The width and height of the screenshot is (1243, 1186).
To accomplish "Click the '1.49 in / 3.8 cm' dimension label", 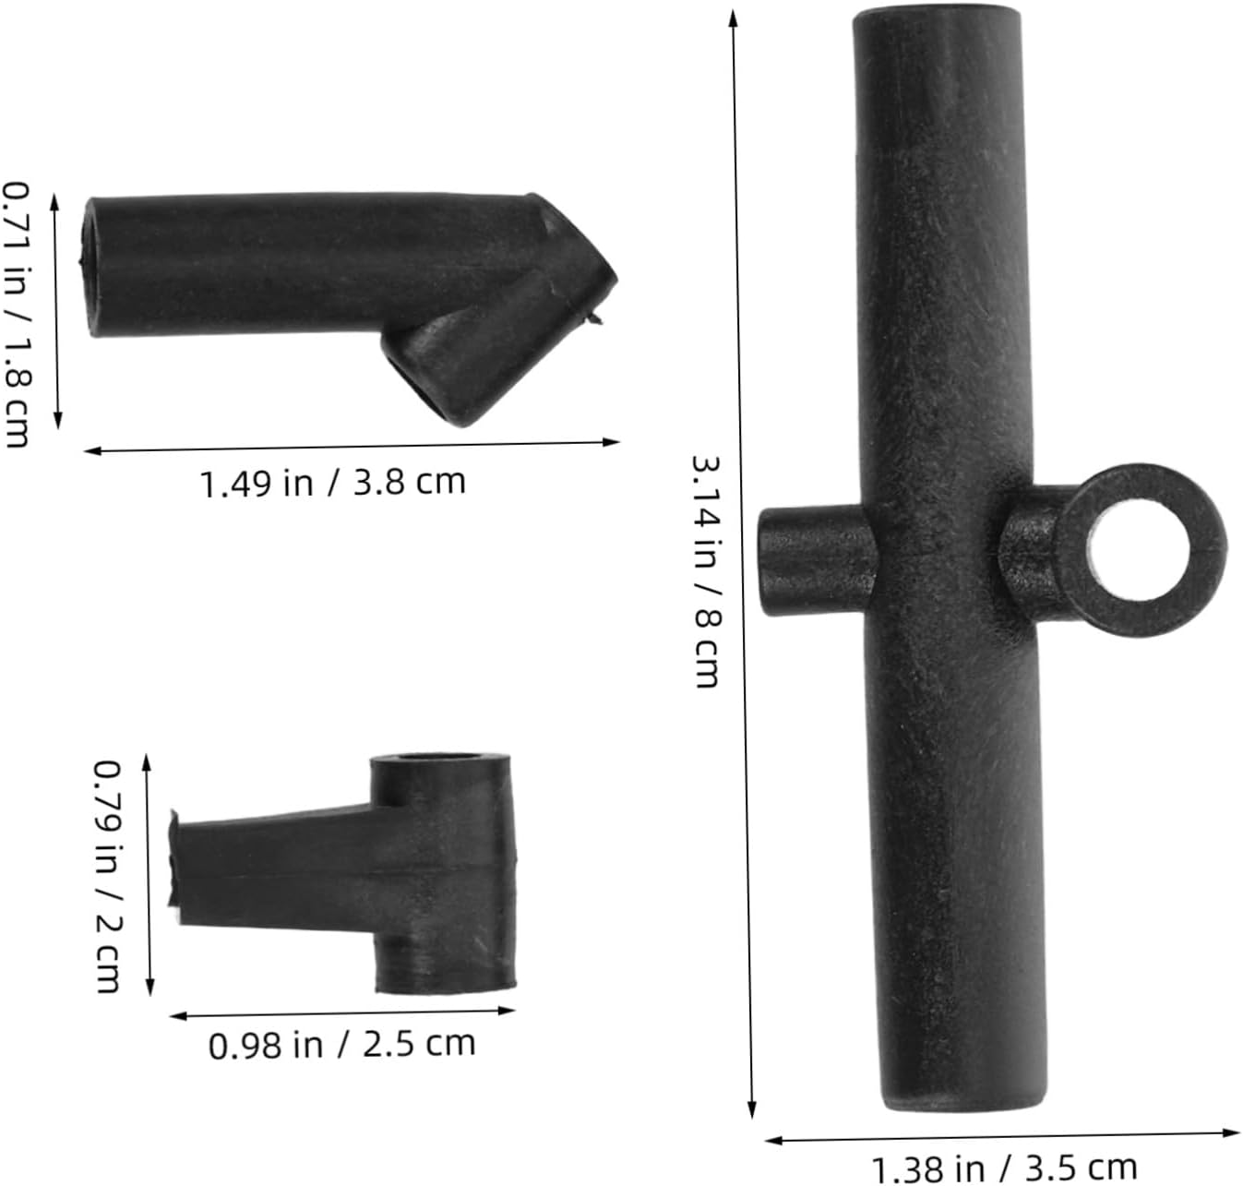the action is pyautogui.click(x=332, y=483).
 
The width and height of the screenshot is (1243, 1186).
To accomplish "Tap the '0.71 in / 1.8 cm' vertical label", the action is pyautogui.click(x=17, y=315).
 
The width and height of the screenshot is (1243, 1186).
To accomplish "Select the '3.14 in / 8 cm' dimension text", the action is pyautogui.click(x=705, y=571).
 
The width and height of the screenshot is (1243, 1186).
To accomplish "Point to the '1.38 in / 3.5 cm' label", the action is pyautogui.click(x=1004, y=1167).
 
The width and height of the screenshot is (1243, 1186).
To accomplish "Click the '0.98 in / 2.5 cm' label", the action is pyautogui.click(x=341, y=1044).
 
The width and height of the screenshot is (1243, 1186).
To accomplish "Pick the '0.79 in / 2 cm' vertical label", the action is pyautogui.click(x=107, y=877).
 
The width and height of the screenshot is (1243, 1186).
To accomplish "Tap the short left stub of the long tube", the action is pyautogui.click(x=816, y=560).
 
